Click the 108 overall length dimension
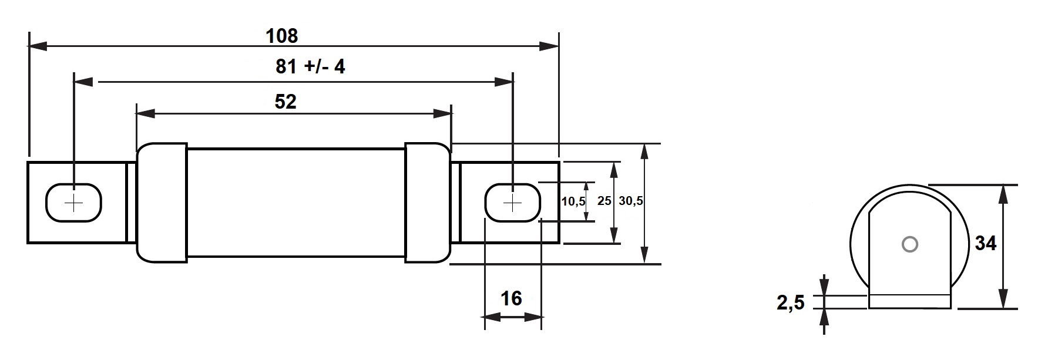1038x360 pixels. [282, 36]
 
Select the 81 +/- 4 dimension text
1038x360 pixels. [310, 66]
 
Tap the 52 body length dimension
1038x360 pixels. [285, 102]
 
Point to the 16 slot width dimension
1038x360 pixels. [511, 298]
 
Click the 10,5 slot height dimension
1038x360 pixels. [573, 201]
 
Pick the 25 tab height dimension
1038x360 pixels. [604, 201]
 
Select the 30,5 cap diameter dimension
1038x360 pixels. [631, 201]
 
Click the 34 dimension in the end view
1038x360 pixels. [986, 243]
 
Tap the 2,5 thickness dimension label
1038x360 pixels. [791, 303]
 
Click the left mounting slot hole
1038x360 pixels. [74, 203]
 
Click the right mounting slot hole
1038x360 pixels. [512, 203]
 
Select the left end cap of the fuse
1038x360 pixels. [162, 202]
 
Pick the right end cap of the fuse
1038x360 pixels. [427, 202]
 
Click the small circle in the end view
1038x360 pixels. [909, 244]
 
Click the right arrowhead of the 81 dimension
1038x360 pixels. [504, 82]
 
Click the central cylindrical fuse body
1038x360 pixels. [295, 202]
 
